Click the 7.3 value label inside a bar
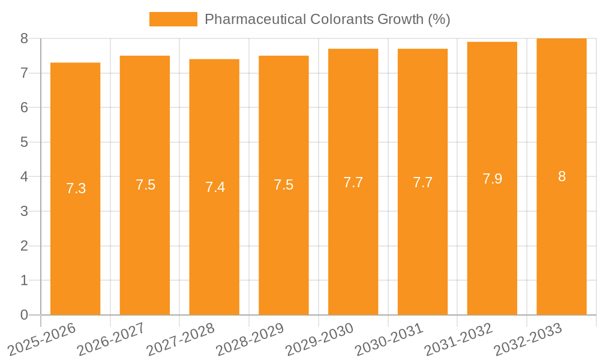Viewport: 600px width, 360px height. pyautogui.click(x=76, y=188)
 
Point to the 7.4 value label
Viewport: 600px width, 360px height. pyautogui.click(x=215, y=187)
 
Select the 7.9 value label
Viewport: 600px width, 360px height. pyautogui.click(x=492, y=179)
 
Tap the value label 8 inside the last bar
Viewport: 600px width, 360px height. pyautogui.click(x=562, y=176)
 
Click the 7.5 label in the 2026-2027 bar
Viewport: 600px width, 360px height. pyautogui.click(x=145, y=185)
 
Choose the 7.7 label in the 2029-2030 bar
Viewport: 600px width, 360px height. pyautogui.click(x=353, y=182)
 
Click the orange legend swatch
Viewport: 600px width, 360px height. pyautogui.click(x=173, y=19)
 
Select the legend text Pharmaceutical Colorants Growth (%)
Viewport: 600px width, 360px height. pyautogui.click(x=327, y=19)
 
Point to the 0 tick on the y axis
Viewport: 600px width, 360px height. pyautogui.click(x=24, y=315)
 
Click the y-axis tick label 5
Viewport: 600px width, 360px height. pyautogui.click(x=24, y=142)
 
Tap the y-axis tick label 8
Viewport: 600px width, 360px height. pyautogui.click(x=24, y=38)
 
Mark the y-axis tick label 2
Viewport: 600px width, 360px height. pyautogui.click(x=24, y=246)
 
